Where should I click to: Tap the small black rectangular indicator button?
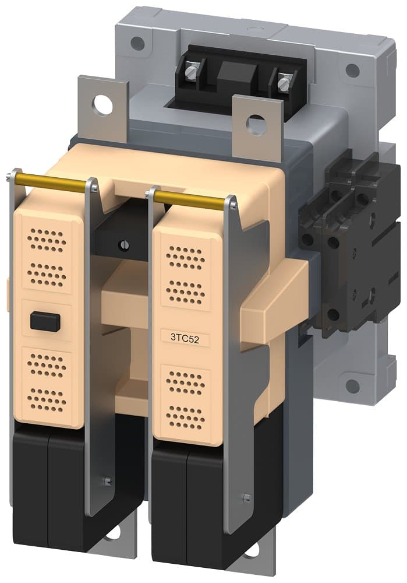pos(45,321)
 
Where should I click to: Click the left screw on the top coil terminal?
pos(190,73)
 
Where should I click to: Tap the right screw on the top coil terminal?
pos(284,84)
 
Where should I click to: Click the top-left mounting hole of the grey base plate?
pos(137,43)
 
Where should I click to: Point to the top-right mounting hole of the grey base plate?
pos(352,71)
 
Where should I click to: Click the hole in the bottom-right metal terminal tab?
pos(252,549)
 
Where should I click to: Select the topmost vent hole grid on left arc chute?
pos(47,238)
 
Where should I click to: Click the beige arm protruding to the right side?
pos(274,303)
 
